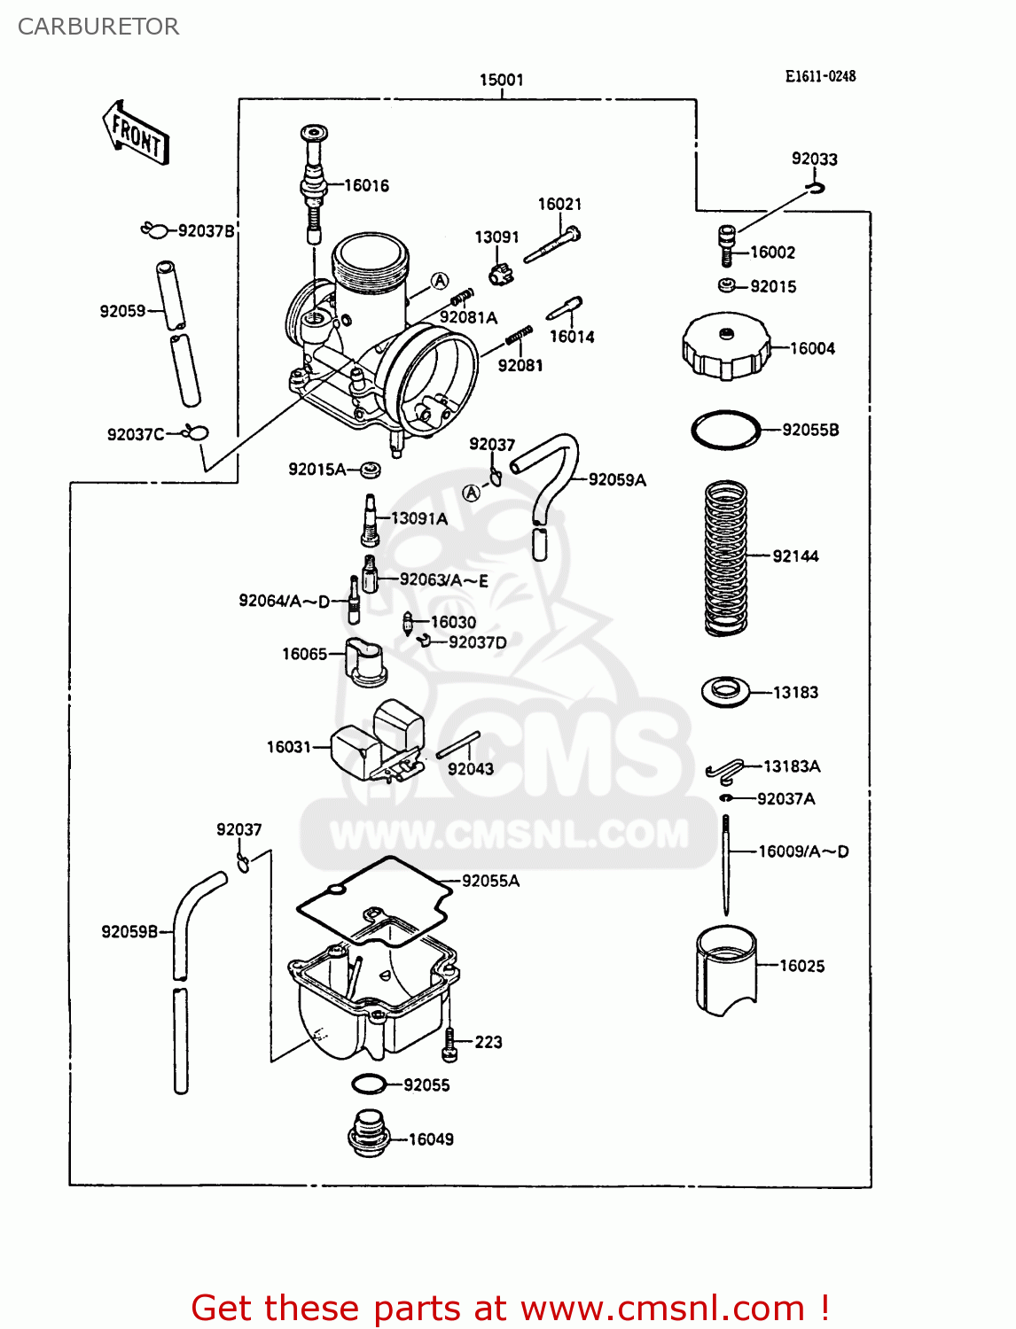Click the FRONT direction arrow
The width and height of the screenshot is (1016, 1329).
click(136, 134)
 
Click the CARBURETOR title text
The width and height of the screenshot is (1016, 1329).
click(98, 27)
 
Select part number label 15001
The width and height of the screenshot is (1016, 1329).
click(501, 80)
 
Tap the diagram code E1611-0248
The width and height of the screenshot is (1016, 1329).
click(820, 76)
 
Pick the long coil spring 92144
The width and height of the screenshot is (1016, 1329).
click(725, 557)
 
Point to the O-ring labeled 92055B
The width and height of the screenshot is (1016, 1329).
click(725, 431)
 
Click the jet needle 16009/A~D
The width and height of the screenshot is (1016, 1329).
click(726, 864)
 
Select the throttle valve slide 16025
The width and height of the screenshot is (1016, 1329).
click(726, 970)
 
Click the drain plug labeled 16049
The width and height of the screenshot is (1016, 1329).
click(369, 1133)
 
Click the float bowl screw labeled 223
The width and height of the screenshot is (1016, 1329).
click(450, 1045)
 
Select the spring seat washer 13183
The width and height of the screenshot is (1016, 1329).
click(725, 691)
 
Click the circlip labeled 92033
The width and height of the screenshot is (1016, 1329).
click(816, 187)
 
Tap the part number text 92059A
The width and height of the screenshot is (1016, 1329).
click(617, 480)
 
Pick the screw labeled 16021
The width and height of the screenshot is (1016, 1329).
click(551, 246)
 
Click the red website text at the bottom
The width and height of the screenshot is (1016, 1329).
click(511, 1308)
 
